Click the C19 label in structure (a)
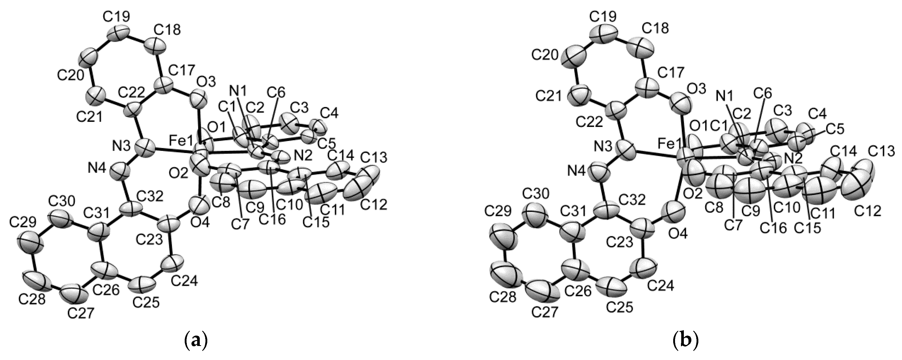(x=116, y=16)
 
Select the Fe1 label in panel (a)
(x=181, y=142)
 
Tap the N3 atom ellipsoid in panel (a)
(x=144, y=148)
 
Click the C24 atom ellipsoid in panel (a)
(x=171, y=263)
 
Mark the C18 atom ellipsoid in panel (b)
(x=642, y=47)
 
